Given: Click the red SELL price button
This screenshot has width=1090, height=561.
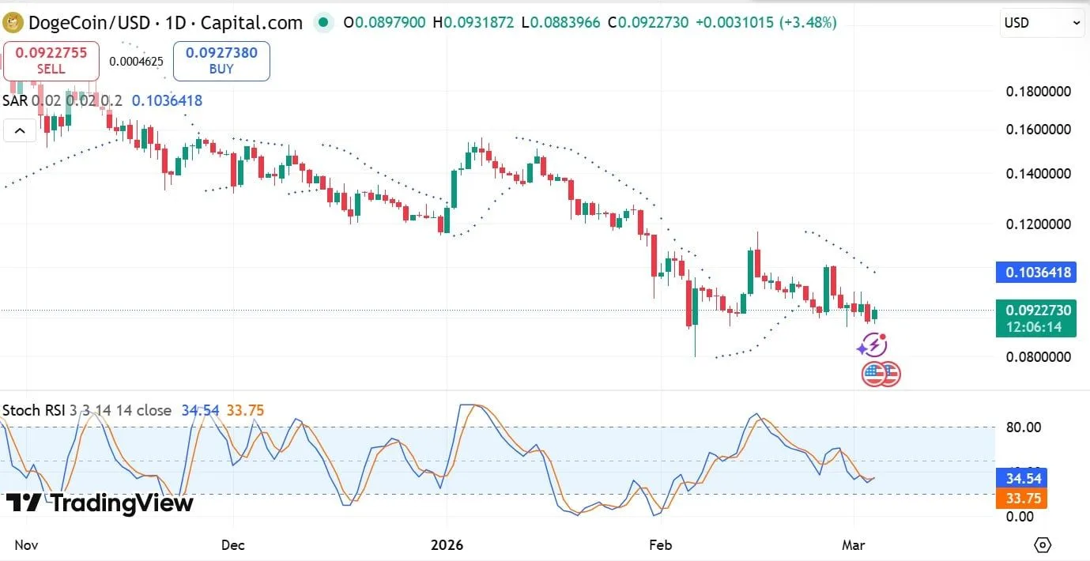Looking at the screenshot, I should point(51,61).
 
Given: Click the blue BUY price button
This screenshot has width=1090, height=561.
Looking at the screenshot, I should point(221,61).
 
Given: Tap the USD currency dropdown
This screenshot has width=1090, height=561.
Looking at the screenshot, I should point(1043,23).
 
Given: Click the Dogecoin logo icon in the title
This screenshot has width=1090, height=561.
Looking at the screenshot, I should point(13,22).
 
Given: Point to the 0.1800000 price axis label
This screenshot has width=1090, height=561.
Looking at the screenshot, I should point(1038,92).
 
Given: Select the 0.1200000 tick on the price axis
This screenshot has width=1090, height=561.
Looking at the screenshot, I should point(1038,224).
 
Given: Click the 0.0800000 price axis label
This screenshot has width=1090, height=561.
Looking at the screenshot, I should point(1038,356).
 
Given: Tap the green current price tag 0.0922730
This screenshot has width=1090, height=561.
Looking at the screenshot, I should point(1036,318).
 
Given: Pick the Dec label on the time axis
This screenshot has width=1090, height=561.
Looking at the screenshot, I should point(233,544).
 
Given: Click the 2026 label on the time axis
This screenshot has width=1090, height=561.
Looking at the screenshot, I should point(447,544).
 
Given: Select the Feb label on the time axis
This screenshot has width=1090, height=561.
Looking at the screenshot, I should point(660,544).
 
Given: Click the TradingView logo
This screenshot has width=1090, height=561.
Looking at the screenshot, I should point(100,503).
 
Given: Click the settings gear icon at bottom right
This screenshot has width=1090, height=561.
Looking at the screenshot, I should point(1043,544).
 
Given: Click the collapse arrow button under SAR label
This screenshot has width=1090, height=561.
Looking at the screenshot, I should point(20,130).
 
